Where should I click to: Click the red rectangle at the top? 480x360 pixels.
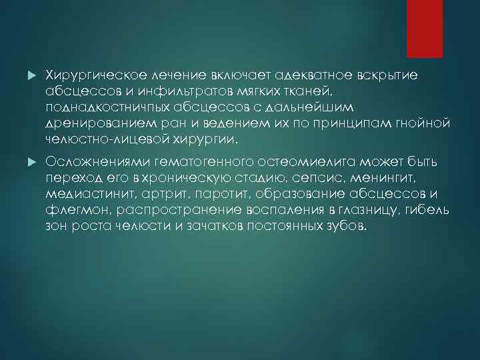click(x=424, y=28)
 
